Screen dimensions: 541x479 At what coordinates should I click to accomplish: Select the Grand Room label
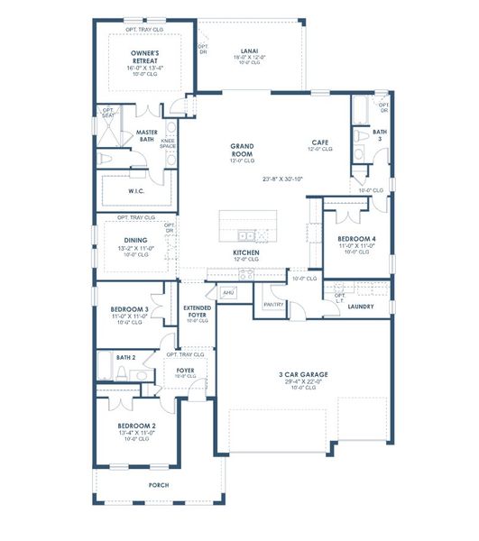coord(242,150)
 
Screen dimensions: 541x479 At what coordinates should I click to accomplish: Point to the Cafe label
coord(319,142)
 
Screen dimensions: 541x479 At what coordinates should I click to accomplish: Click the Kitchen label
coord(246,252)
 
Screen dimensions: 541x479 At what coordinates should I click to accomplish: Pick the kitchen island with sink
coord(248,223)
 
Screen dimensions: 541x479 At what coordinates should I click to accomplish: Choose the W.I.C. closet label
coord(135,190)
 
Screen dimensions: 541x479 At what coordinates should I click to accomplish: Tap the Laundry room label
coord(360,307)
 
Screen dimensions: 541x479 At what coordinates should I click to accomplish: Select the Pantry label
coord(274,304)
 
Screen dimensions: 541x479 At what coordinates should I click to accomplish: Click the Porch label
coord(159,485)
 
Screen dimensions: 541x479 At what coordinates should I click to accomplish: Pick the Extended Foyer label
coord(197,311)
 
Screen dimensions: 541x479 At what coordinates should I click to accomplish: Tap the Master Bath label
coord(147,135)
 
